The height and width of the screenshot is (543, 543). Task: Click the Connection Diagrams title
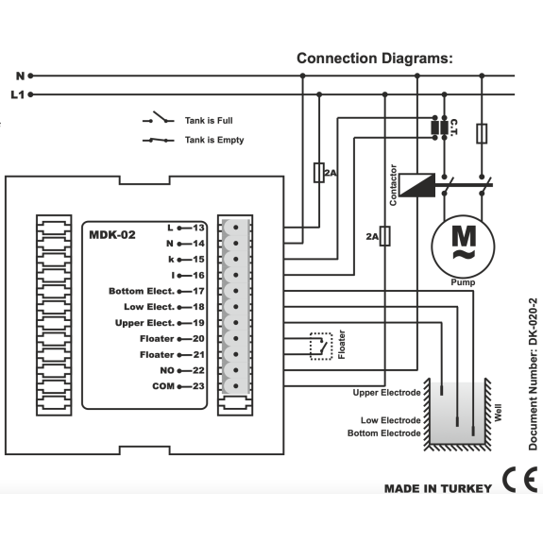click(x=375, y=59)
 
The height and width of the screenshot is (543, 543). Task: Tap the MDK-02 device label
click(x=112, y=235)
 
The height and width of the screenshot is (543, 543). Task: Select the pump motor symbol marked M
click(x=463, y=246)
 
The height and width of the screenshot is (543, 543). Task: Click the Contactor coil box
click(x=417, y=185)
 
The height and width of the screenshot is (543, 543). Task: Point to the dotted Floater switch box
click(x=321, y=347)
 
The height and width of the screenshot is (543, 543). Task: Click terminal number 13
click(x=198, y=228)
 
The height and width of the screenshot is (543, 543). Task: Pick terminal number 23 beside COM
click(x=198, y=386)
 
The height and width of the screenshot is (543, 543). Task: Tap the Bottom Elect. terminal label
click(x=142, y=291)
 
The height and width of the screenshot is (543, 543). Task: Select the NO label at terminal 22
click(x=167, y=370)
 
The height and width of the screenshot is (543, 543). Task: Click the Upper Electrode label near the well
click(x=386, y=393)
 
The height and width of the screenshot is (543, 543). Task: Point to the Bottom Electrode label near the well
click(x=384, y=433)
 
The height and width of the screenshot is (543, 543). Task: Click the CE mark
click(x=520, y=480)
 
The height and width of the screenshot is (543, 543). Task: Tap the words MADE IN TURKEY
click(x=438, y=488)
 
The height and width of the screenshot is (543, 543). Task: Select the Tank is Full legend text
click(x=209, y=121)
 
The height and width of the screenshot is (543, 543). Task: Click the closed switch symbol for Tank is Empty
click(x=159, y=141)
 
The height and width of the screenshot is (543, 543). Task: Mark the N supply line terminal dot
click(x=30, y=76)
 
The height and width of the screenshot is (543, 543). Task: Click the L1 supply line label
click(x=18, y=94)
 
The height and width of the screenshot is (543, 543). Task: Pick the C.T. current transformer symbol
click(x=440, y=127)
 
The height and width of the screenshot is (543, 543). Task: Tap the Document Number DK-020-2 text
click(x=533, y=374)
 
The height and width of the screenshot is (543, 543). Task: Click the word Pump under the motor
click(x=463, y=282)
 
